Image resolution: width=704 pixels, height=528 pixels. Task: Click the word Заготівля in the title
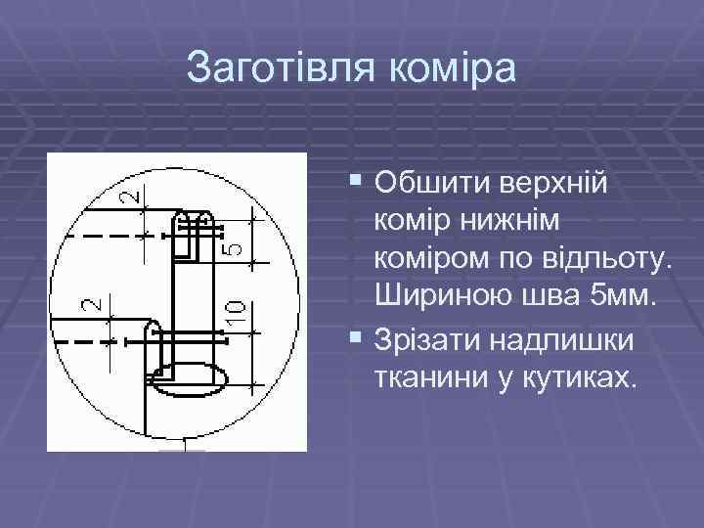pyautogui.click(x=278, y=67)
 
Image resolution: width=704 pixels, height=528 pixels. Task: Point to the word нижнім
pyautogui.click(x=508, y=222)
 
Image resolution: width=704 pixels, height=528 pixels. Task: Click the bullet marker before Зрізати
pyautogui.click(x=354, y=338)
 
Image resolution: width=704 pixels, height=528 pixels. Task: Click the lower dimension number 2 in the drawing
pyautogui.click(x=90, y=303)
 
